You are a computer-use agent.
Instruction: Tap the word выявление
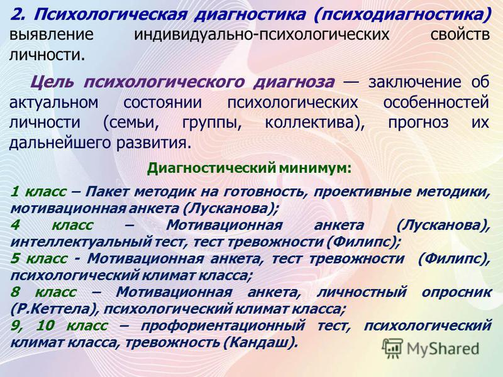[52, 35]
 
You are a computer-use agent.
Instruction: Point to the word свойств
[460, 35]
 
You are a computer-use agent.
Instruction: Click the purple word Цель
[52, 83]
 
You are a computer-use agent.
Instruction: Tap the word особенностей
[436, 103]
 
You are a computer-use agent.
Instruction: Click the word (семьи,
[131, 123]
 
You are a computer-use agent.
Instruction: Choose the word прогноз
[418, 123]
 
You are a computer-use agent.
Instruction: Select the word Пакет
[108, 192]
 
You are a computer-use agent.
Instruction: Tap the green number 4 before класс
[15, 225]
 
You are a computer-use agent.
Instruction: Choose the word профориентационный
[223, 326]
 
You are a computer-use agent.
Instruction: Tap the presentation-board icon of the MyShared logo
[392, 348]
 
